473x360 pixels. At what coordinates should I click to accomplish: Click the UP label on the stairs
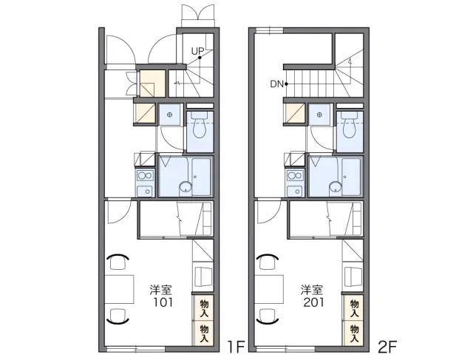coord(197,51)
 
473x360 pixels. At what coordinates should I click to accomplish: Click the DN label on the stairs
coord(277,84)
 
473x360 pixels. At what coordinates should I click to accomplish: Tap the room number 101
coord(163,302)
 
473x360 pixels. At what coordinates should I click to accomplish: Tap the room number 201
coord(313,302)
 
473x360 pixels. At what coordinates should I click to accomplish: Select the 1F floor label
coord(236,347)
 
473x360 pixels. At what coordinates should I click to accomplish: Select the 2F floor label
coord(387,347)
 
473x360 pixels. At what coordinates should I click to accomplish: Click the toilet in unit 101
coord(200,124)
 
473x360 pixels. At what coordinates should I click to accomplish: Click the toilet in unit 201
coord(350,124)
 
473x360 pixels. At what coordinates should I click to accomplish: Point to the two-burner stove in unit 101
coord(145,175)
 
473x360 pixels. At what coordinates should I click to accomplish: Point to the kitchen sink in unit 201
coord(295,191)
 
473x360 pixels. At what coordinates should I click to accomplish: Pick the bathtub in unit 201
coord(351,177)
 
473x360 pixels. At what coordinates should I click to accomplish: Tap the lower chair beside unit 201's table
coord(268,316)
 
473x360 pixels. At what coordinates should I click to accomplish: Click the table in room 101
coord(119,289)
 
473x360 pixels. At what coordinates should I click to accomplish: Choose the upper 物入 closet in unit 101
coord(204,308)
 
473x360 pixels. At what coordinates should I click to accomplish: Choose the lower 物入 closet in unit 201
coord(354,333)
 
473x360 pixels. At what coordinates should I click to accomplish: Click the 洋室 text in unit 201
coord(312,290)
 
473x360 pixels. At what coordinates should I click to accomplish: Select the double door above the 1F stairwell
coord(199,15)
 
